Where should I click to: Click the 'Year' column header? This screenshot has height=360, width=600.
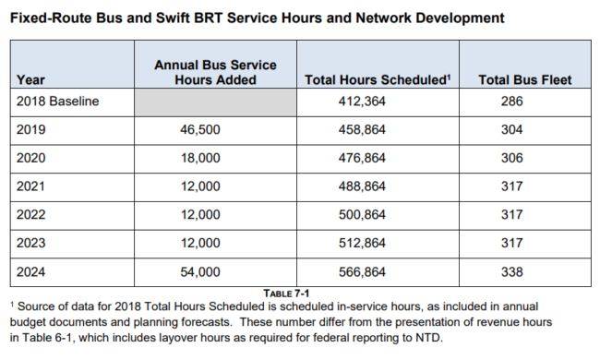[30, 80]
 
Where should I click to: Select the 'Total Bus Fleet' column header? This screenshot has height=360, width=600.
[525, 80]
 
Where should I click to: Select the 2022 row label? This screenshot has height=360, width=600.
[31, 215]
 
